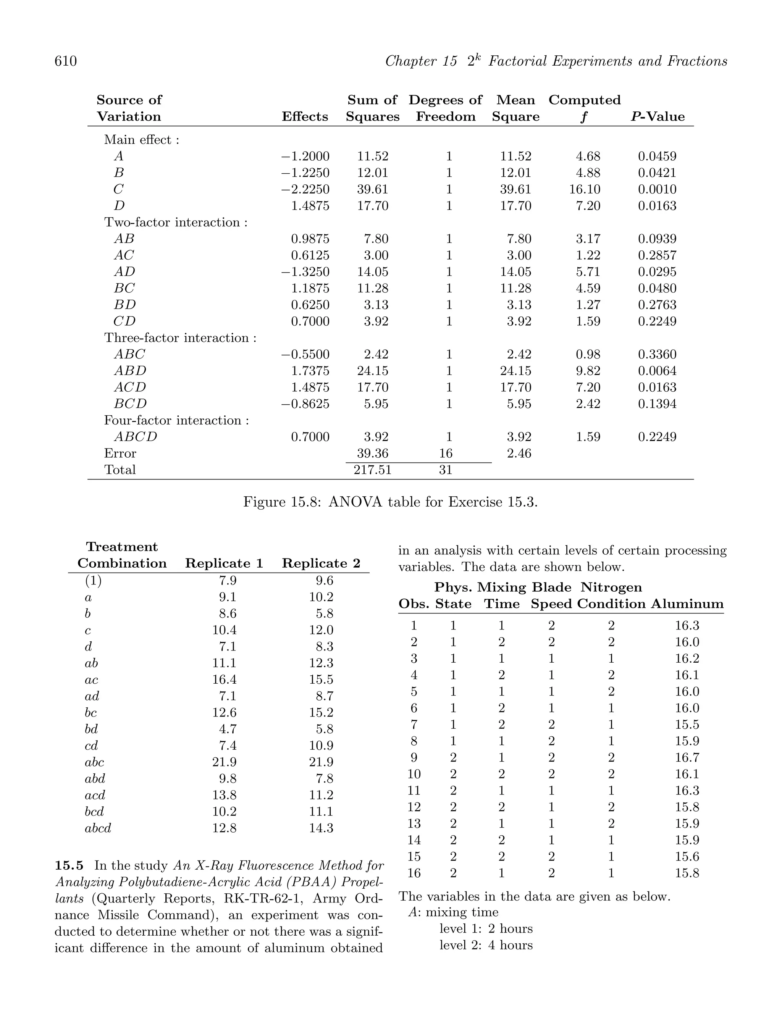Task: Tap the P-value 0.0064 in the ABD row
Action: point(657,371)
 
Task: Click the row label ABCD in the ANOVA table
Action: point(136,437)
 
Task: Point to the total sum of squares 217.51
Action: point(372,470)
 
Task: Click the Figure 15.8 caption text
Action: point(391,502)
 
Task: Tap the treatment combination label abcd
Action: point(98,828)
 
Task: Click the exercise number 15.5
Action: point(69,865)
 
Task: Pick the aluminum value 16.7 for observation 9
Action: point(687,757)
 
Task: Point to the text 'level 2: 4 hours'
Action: point(486,945)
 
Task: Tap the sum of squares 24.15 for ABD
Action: point(372,371)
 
